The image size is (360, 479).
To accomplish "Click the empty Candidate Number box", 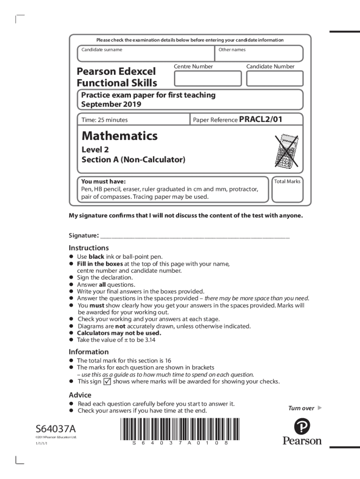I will pyautogui.click(x=274, y=79).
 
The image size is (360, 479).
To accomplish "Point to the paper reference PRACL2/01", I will pyautogui.click(x=260, y=119).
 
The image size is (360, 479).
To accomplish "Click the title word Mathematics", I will pyautogui.click(x=120, y=136).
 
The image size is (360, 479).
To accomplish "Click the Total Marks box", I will pyautogui.click(x=287, y=192).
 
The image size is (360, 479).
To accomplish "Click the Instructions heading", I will pyautogui.click(x=89, y=248).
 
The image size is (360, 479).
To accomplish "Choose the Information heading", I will pyautogui.click(x=89, y=352).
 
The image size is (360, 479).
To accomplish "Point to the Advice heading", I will pyautogui.click(x=80, y=395).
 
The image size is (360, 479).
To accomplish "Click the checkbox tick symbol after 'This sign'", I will pyautogui.click(x=107, y=381).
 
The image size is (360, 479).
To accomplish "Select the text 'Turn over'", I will pyautogui.click(x=301, y=408).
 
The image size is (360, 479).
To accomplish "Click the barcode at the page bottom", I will pyautogui.click(x=180, y=429).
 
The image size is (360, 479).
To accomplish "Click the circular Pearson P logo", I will pyautogui.click(x=302, y=426).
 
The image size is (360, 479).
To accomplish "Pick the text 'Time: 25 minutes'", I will pyautogui.click(x=104, y=120).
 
